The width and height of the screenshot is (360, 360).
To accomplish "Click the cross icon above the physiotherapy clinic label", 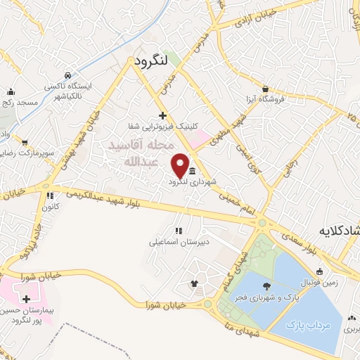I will (x=162, y=115).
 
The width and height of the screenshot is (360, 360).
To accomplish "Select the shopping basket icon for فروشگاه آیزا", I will (x=265, y=89).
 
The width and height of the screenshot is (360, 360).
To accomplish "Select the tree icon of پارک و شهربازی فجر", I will (x=266, y=285).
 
